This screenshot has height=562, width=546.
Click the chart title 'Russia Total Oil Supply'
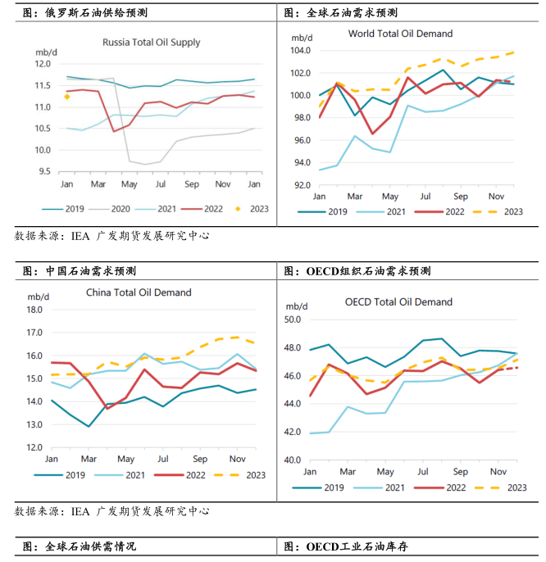151,43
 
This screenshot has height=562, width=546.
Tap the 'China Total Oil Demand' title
139,292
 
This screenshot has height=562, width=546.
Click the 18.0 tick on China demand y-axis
33,310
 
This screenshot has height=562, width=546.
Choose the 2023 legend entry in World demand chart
500,211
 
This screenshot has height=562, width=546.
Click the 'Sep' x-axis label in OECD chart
460,472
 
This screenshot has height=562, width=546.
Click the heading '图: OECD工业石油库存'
357,546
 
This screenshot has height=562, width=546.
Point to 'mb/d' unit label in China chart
38,295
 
